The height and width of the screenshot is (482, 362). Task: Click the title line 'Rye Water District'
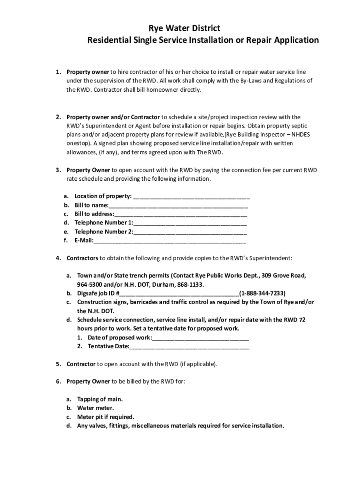(x=181, y=29)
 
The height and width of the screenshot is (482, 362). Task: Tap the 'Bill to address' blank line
(x=181, y=215)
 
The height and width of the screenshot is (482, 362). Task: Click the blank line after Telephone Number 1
(x=190, y=223)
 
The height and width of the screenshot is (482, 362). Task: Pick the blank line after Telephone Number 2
(x=190, y=232)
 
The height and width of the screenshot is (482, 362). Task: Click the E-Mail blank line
(x=169, y=241)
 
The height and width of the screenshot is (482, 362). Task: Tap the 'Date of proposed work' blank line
(x=201, y=338)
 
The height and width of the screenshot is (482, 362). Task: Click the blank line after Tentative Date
(x=189, y=347)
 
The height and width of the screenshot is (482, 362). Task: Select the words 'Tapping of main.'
(x=100, y=399)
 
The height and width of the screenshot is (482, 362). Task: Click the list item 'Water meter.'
(x=95, y=408)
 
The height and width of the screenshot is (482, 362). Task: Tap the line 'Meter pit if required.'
(x=106, y=417)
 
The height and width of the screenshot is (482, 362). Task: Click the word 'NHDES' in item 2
(x=300, y=135)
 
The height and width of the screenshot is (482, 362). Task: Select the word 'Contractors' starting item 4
(x=82, y=258)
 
